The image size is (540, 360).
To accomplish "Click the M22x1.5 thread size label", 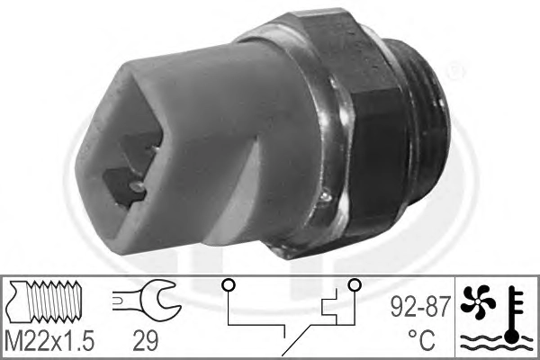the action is pos(49,340).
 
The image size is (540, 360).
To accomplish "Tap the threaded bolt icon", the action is pos(46,301).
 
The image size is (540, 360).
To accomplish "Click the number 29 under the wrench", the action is pos(145,340).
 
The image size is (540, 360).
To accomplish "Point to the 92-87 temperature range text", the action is pos(420,307).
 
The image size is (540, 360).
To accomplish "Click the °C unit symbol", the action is pos(421,339).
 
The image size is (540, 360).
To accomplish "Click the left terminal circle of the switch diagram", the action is pos(229,285).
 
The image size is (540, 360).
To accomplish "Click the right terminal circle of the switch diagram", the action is pos(355,285).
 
